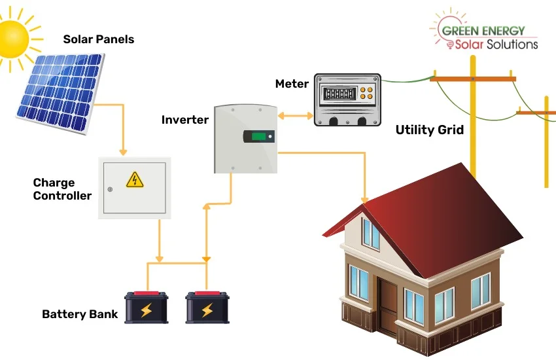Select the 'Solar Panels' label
[98, 39]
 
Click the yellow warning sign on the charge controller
[133, 179]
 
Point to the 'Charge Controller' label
[62, 189]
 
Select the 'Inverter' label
[185, 120]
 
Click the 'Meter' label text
[292, 84]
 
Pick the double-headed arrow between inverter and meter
[296, 116]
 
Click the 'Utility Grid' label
[430, 130]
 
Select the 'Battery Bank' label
[80, 314]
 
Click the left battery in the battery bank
[147, 307]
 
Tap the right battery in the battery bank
[207, 307]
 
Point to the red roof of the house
[432, 209]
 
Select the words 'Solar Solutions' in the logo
[497, 44]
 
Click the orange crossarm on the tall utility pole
[472, 79]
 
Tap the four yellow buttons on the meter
[370, 93]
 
